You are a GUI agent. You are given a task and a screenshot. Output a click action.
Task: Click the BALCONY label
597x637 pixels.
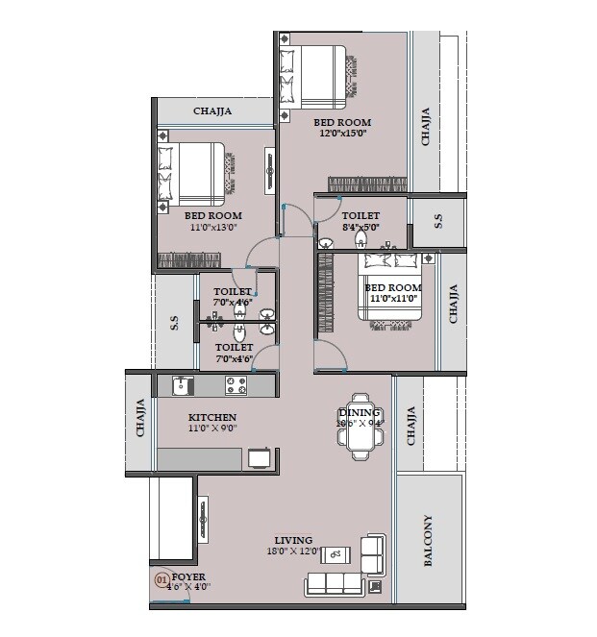429,542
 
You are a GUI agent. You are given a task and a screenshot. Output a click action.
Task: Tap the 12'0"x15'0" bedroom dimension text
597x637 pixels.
344,135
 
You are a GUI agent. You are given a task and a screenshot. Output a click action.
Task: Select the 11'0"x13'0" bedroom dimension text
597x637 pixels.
212,229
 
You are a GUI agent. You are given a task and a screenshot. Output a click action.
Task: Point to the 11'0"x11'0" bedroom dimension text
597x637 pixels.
393,299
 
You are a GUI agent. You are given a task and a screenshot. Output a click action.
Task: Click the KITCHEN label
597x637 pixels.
211,417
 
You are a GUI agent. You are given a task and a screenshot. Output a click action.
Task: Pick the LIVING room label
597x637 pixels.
293,540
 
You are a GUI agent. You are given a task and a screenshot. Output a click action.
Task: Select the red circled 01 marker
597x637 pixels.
162,579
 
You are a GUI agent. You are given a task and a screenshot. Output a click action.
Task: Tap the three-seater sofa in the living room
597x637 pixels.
334,583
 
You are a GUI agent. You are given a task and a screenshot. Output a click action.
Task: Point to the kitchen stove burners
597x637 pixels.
236,385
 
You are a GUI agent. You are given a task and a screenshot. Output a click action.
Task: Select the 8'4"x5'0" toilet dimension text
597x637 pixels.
361,228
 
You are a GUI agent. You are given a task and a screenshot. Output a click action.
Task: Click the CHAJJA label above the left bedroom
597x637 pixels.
211,111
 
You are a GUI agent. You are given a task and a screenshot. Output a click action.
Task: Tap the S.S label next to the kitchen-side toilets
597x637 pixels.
174,323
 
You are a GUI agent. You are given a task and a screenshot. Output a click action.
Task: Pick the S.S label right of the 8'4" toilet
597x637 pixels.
438,221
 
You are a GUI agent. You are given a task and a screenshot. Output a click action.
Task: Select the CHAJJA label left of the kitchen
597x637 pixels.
140,418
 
